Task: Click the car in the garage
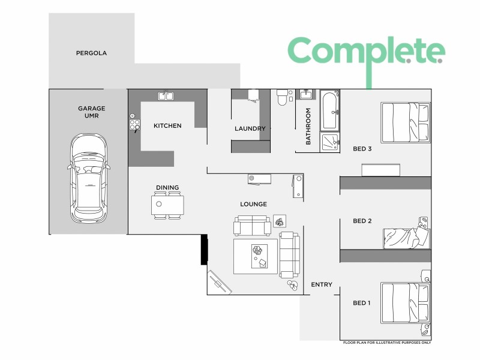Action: pyautogui.click(x=89, y=178)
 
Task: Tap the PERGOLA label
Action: pyautogui.click(x=91, y=53)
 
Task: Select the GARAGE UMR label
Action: pyautogui.click(x=91, y=112)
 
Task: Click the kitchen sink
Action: pyautogui.click(x=166, y=95)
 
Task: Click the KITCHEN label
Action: pyautogui.click(x=167, y=125)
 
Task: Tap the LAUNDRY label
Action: pyautogui.click(x=250, y=128)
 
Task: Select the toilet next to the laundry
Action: pyautogui.click(x=282, y=98)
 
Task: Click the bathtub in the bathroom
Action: pyautogui.click(x=330, y=111)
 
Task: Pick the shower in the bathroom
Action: pyautogui.click(x=330, y=141)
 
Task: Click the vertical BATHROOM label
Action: pyautogui.click(x=308, y=126)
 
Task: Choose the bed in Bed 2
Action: pyautogui.click(x=407, y=236)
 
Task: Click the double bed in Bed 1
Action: pyautogui.click(x=406, y=302)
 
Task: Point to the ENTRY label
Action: pyautogui.click(x=322, y=284)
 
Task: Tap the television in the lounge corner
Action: pyautogui.click(x=218, y=282)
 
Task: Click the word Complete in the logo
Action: pyautogui.click(x=366, y=52)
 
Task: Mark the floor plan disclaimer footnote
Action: pyautogui.click(x=387, y=343)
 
